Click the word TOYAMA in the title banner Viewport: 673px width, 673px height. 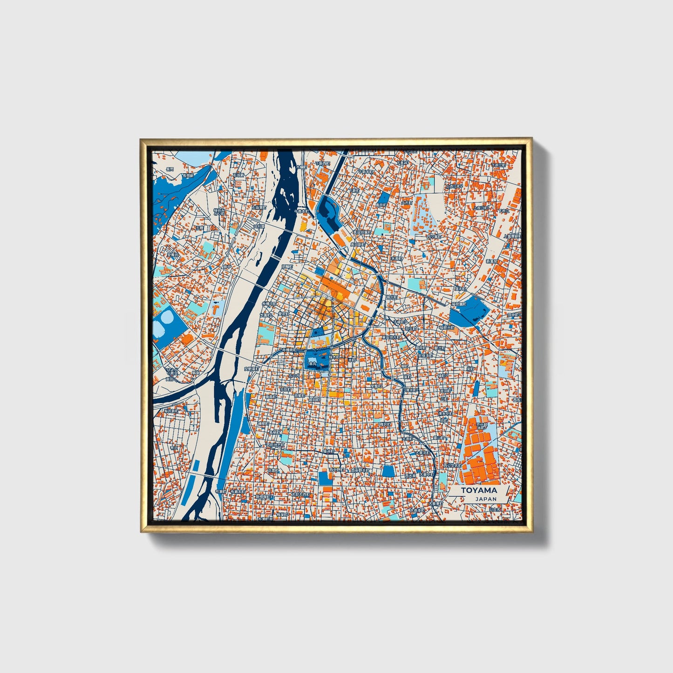coord(479,490)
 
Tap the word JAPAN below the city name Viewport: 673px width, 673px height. coord(486,499)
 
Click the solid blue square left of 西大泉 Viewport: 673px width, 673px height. coord(388,471)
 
